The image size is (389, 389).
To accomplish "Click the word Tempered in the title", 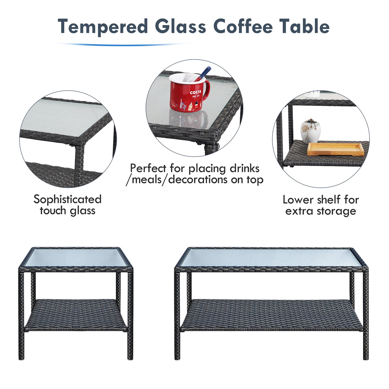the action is [x=103, y=26].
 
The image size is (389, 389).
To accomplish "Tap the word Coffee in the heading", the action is [x=243, y=26].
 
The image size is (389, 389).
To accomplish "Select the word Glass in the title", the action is [x=180, y=26].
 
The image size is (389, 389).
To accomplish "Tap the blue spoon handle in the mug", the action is [x=203, y=74].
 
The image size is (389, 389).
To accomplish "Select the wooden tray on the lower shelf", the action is [x=335, y=149].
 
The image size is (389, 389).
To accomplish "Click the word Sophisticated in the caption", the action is [x=67, y=200].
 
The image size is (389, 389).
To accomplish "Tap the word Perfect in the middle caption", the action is [x=148, y=168].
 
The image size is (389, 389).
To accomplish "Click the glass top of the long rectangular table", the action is [x=271, y=257].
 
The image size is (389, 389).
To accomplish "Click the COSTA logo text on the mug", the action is [x=195, y=92].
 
